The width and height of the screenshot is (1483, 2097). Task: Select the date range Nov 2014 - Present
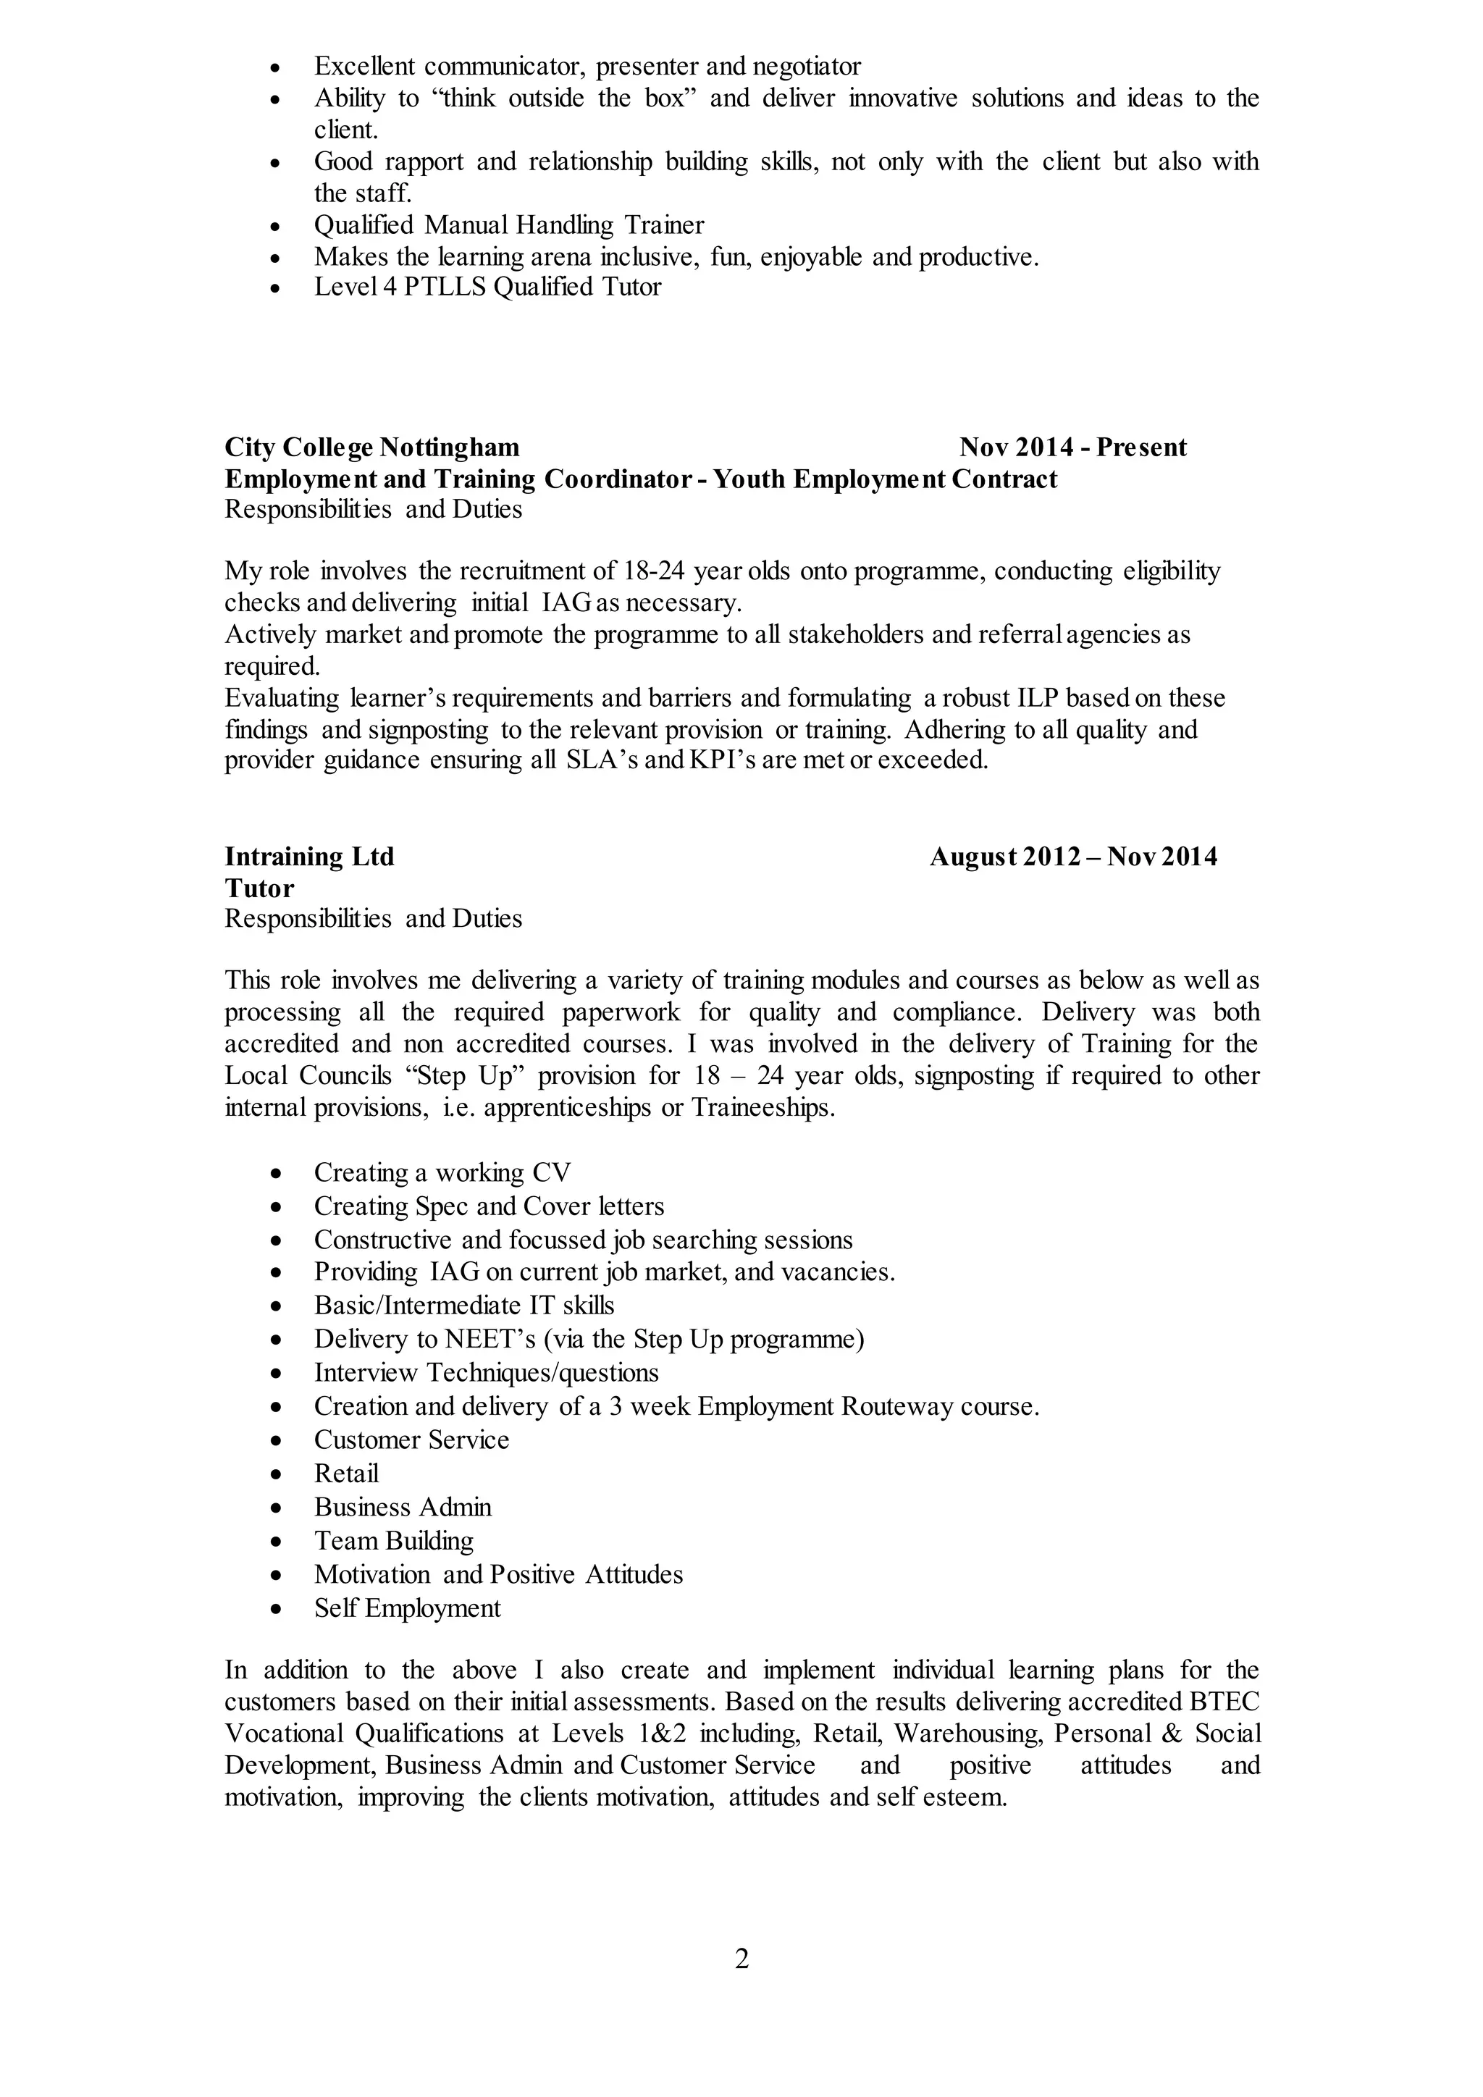coord(1072,447)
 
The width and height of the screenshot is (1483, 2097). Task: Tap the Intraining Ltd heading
coord(310,857)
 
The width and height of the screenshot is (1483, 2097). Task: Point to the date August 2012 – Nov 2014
coord(1072,857)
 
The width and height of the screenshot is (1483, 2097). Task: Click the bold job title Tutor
coord(259,888)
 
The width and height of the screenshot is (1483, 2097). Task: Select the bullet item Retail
coord(346,1474)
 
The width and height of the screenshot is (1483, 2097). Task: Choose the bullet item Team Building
coord(394,1541)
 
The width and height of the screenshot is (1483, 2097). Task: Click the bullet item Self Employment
coord(407,1608)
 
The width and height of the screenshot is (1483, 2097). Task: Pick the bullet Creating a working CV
coord(442,1173)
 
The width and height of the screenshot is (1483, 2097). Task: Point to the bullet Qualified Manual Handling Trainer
coord(508,224)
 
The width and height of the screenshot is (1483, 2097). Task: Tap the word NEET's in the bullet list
coord(490,1339)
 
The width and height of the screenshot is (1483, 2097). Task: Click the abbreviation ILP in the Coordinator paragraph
coord(1038,699)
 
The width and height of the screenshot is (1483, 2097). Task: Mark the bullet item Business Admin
coord(403,1507)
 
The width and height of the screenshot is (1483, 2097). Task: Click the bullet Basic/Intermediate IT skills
coord(464,1306)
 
